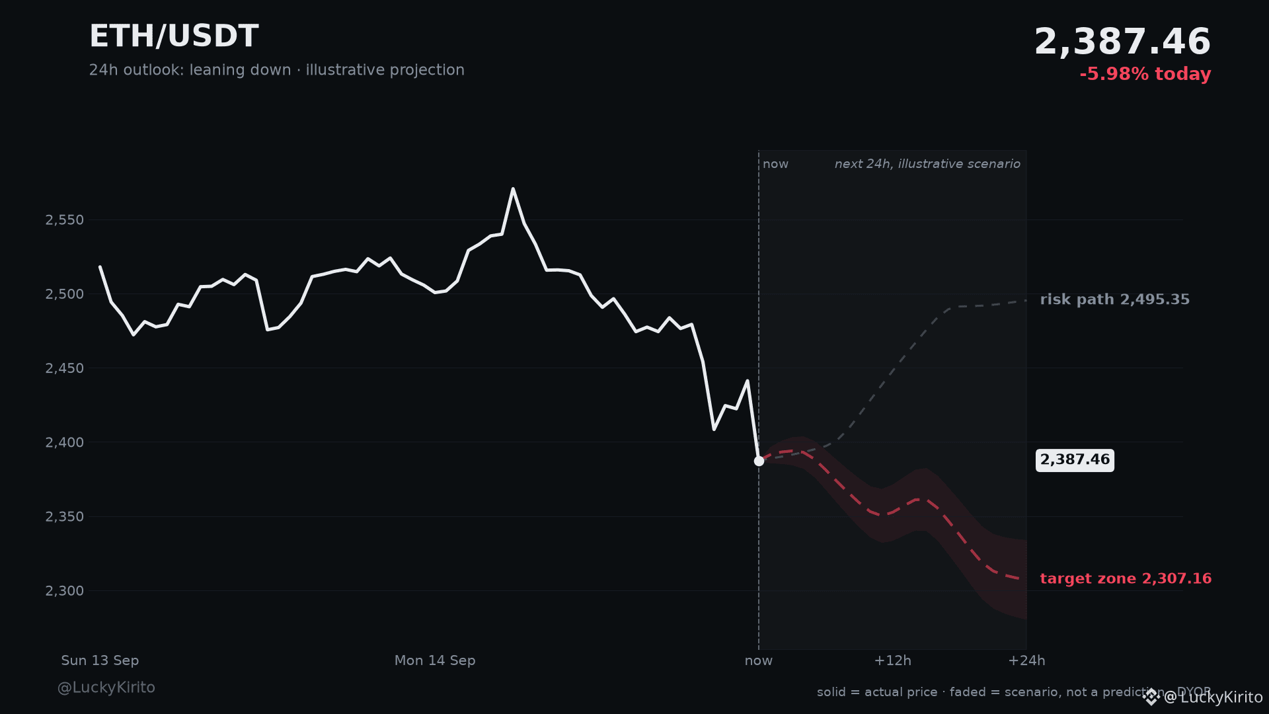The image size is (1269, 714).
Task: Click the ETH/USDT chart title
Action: [174, 36]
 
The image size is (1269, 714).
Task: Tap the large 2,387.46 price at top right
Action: [1122, 42]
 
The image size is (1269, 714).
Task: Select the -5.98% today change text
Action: [1145, 74]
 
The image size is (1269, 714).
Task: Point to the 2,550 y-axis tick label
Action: [65, 220]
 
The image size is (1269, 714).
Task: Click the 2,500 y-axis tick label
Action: [65, 294]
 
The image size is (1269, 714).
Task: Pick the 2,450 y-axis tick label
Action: [65, 368]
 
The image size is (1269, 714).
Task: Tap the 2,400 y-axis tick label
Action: [65, 442]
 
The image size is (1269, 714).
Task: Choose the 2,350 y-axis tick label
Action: [65, 516]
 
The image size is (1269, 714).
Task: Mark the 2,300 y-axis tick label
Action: [65, 591]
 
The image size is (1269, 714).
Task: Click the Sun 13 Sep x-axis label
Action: [100, 660]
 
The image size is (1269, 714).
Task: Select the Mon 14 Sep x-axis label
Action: [435, 660]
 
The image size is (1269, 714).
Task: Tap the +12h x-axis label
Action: [892, 660]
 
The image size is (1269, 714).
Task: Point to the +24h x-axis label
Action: [1026, 660]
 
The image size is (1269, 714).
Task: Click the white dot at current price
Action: [759, 461]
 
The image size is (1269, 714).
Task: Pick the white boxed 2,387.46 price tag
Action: [1075, 460]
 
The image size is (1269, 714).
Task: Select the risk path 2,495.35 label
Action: [1115, 299]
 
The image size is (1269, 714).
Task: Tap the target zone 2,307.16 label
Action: [1126, 578]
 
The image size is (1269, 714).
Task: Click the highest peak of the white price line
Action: [513, 188]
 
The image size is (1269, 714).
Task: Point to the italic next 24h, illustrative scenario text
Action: [927, 164]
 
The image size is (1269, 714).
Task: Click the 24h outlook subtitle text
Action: [277, 70]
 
